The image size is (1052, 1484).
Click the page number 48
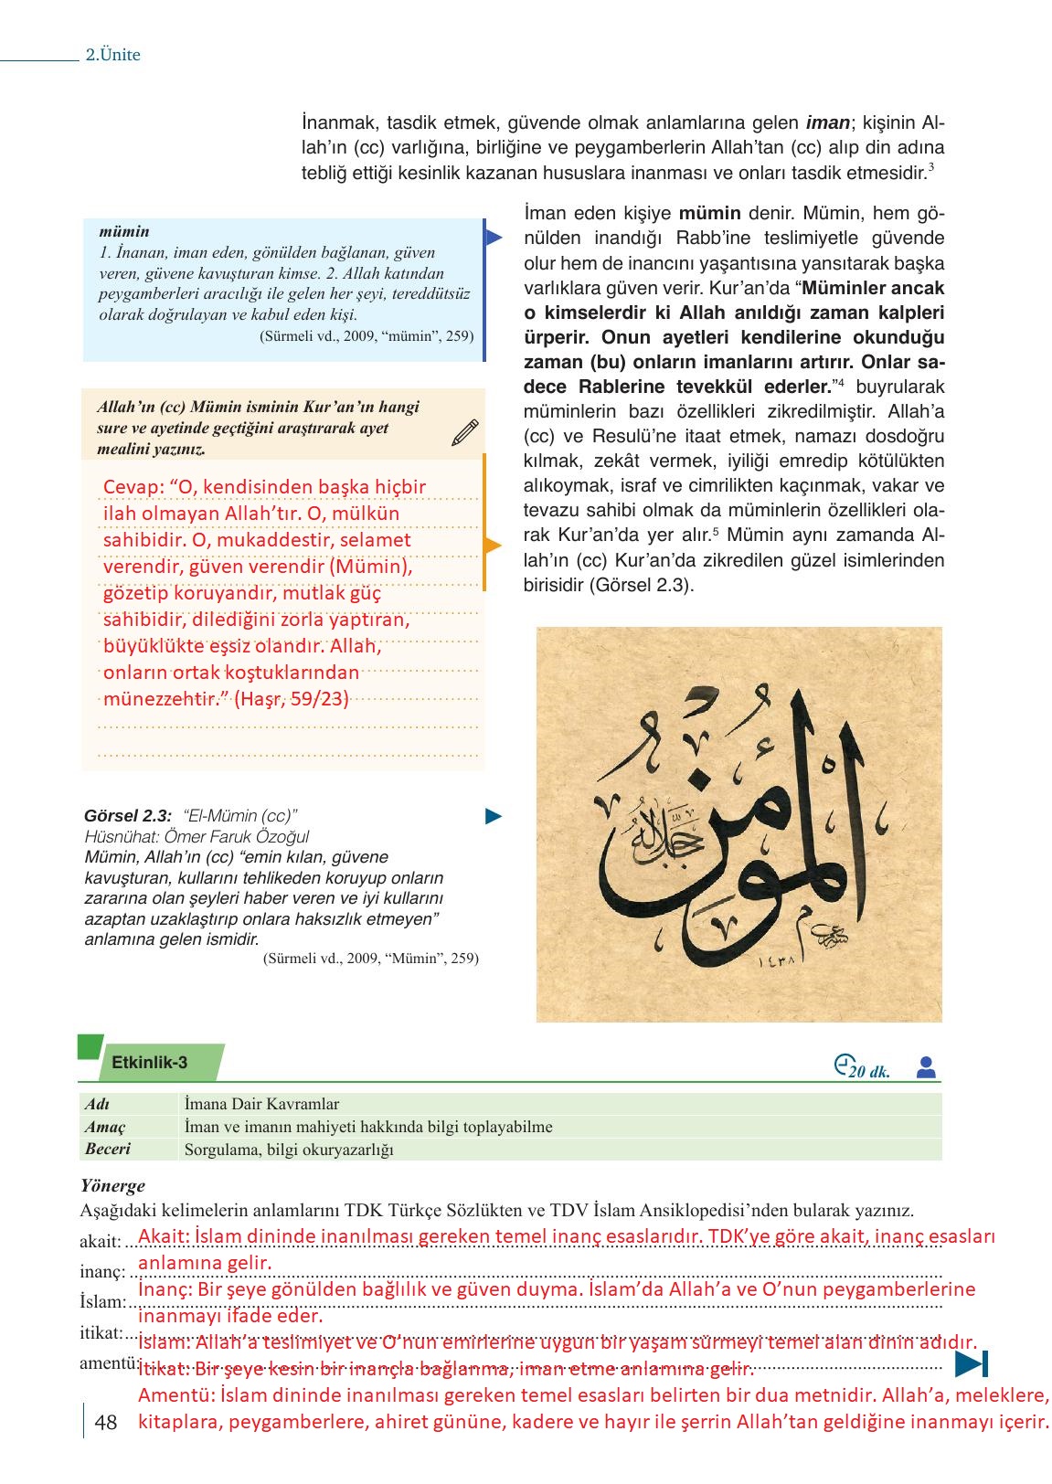106,1422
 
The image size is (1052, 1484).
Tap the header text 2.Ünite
113,55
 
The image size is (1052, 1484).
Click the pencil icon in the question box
465,432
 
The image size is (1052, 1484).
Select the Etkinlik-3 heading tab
150,1062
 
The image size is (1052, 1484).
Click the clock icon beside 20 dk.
842,1065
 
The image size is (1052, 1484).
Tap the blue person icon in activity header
926,1067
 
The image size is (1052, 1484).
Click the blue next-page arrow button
971,1364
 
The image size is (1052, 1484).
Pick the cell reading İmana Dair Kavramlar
261,1104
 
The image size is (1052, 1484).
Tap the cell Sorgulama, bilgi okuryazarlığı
289,1150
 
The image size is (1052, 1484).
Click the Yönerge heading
113,1186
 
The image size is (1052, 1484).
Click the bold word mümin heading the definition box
124,232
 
